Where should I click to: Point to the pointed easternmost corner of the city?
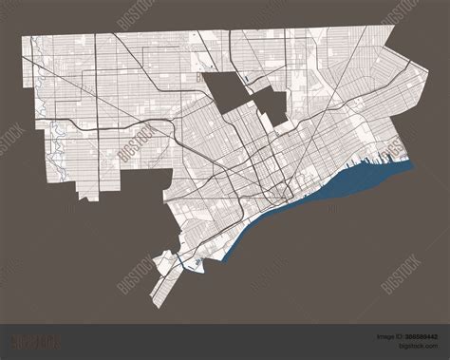416,162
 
